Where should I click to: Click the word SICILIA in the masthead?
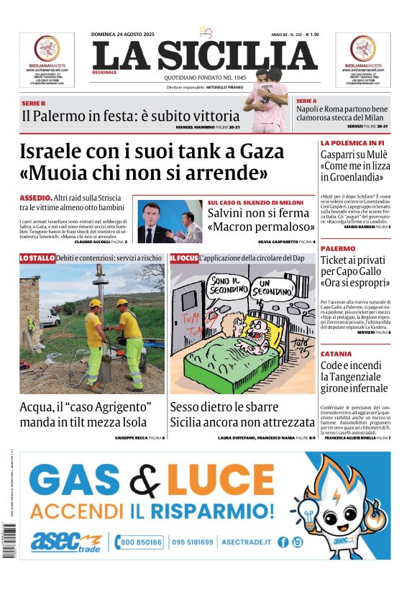point(236,56)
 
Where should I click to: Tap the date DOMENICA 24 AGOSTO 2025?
point(124,35)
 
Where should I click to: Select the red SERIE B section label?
point(33,104)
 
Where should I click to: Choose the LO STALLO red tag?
point(37,258)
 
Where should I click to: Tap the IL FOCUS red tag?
point(183,258)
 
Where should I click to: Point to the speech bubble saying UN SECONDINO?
point(273,287)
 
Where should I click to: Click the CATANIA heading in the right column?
point(336,354)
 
